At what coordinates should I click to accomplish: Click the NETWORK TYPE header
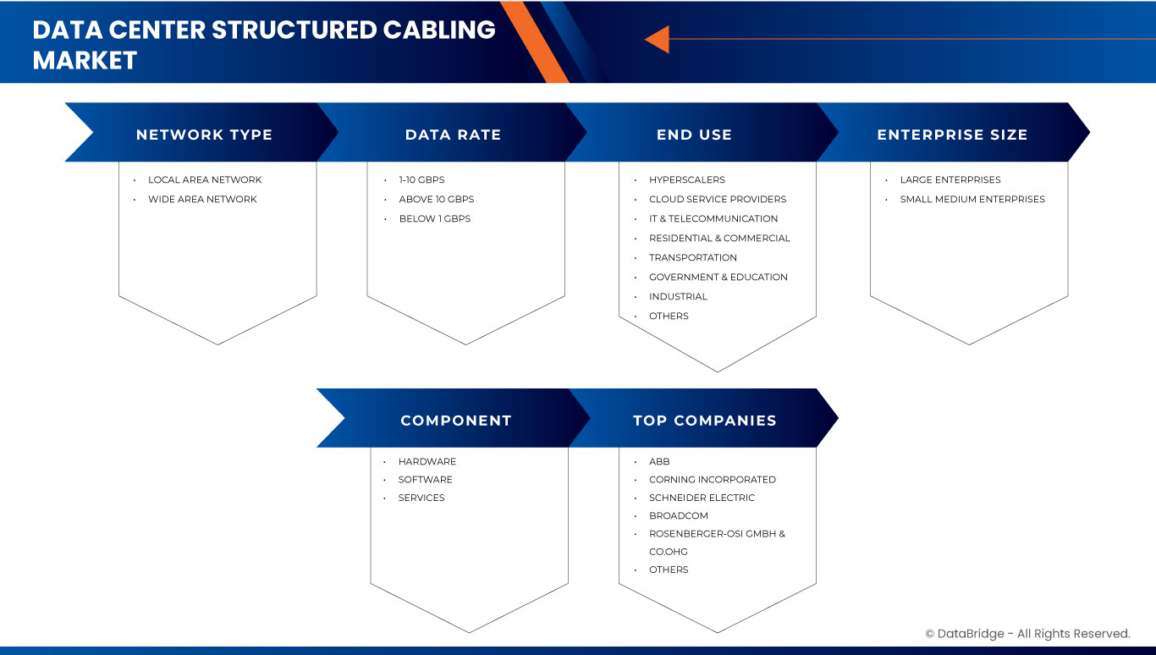click(204, 135)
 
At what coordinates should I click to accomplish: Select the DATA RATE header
click(453, 135)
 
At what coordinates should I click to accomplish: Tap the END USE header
click(694, 135)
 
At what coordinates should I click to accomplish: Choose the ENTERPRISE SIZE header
click(952, 135)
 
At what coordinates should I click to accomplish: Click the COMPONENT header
click(456, 421)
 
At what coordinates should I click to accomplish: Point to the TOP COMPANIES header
click(704, 421)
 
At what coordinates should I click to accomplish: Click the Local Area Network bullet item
click(205, 179)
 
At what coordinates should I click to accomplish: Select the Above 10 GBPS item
click(436, 199)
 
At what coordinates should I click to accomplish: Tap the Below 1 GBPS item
click(434, 218)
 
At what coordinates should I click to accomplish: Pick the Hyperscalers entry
click(686, 179)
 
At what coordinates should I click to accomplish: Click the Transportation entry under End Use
click(692, 257)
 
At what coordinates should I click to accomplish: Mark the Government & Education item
click(718, 277)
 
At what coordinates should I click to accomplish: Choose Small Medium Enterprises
click(972, 199)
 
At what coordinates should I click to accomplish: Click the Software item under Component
click(425, 479)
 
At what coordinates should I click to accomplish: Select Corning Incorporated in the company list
click(712, 479)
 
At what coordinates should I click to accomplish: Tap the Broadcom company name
click(678, 515)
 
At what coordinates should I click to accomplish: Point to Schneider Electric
click(702, 498)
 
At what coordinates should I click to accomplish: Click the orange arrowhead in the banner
click(658, 39)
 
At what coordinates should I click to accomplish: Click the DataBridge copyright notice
click(1027, 634)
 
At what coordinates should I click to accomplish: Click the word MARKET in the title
click(85, 60)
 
